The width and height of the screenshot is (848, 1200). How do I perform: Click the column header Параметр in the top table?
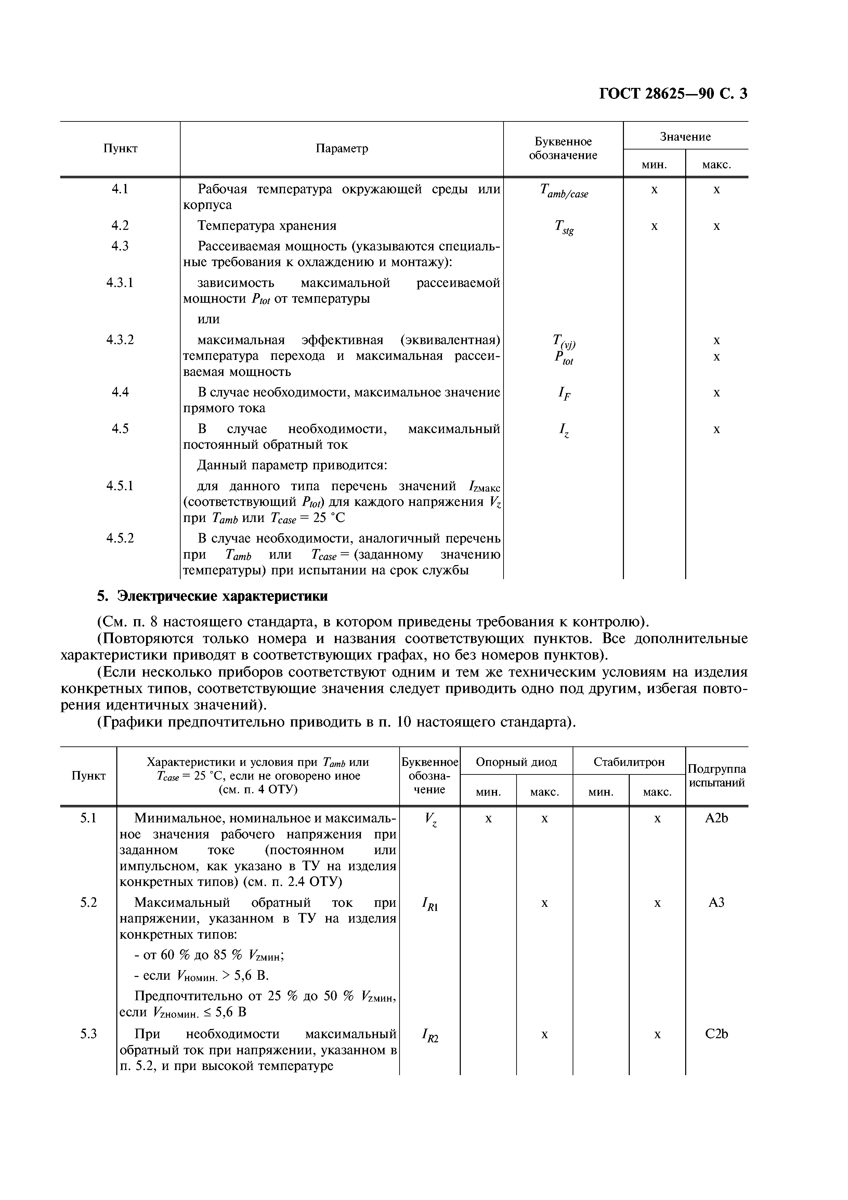(342, 148)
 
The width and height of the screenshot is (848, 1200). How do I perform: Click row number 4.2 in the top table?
(120, 225)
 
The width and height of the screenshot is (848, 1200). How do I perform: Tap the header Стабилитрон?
(629, 762)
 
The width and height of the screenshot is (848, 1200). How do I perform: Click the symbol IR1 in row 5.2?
(430, 904)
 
